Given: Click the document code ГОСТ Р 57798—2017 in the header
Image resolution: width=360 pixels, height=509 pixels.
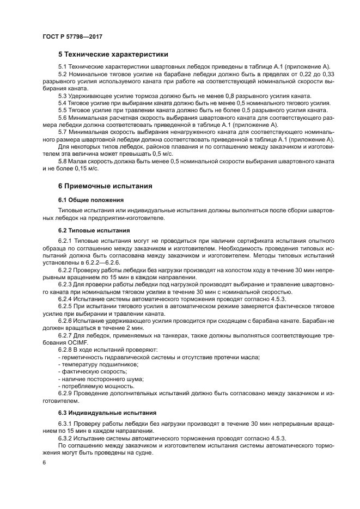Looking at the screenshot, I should click(x=72, y=36).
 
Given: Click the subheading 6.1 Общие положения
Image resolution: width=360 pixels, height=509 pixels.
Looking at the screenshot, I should click(x=91, y=200).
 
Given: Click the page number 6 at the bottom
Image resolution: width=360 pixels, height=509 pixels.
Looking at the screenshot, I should click(x=45, y=462).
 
